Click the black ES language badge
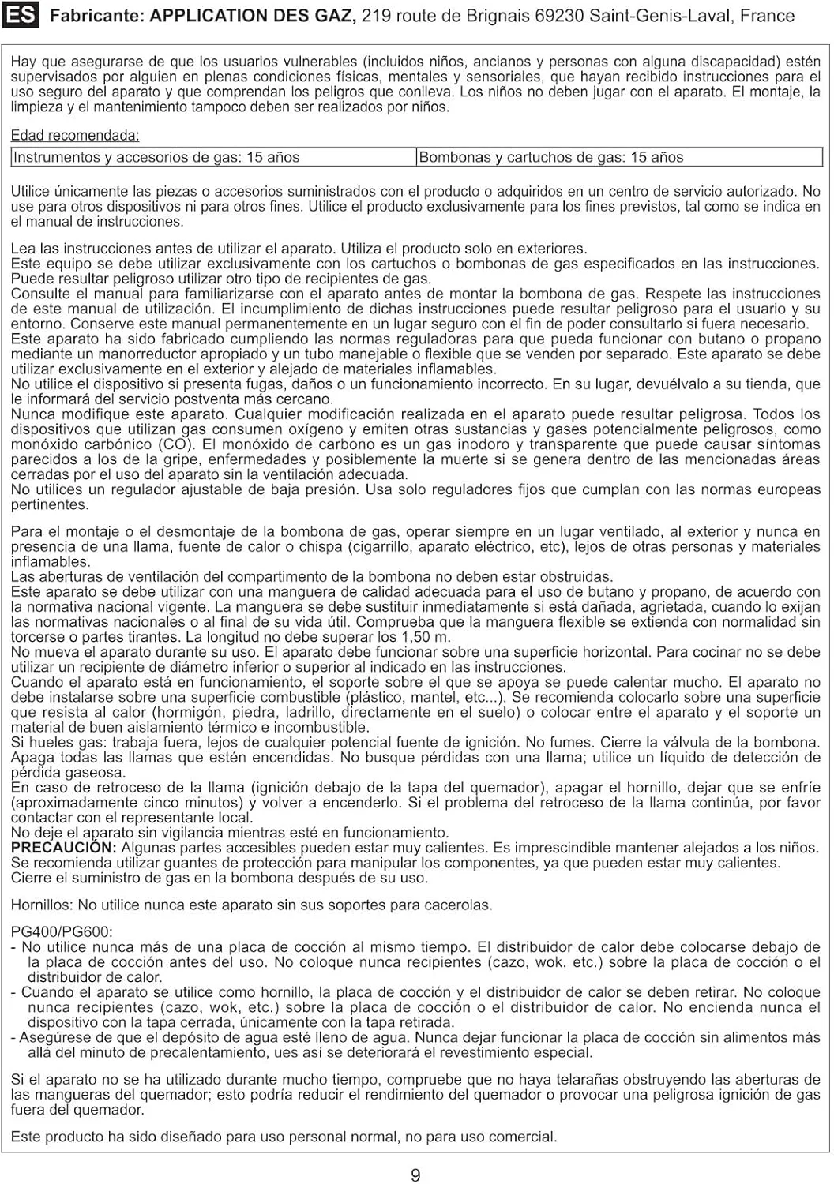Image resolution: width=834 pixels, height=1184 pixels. click(x=21, y=16)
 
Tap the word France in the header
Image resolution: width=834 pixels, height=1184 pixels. click(x=767, y=16)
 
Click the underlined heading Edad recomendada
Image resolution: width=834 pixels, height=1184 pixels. click(x=75, y=135)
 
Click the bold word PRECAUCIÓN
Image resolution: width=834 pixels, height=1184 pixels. click(x=64, y=848)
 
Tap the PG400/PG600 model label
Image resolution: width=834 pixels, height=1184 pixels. click(x=62, y=932)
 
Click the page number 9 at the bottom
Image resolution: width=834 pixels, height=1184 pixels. click(x=415, y=1175)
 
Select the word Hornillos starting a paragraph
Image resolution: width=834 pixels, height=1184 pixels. click(x=41, y=905)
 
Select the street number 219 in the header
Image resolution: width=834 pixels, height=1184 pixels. click(x=376, y=16)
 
